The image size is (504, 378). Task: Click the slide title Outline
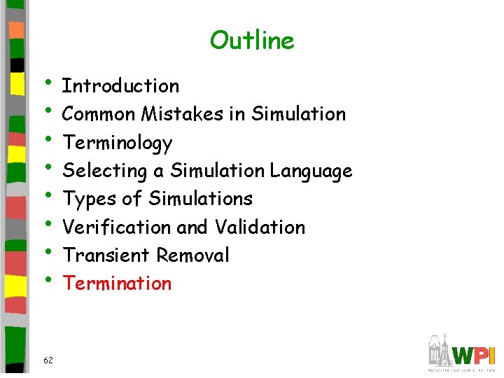[x=252, y=41]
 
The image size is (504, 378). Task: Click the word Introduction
[x=121, y=86]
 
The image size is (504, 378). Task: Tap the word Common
[x=99, y=114]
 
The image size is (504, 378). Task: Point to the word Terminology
[x=118, y=143]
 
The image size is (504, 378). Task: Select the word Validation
[x=260, y=227]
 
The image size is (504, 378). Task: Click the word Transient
[x=106, y=255]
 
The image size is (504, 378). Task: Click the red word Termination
[x=117, y=283]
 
